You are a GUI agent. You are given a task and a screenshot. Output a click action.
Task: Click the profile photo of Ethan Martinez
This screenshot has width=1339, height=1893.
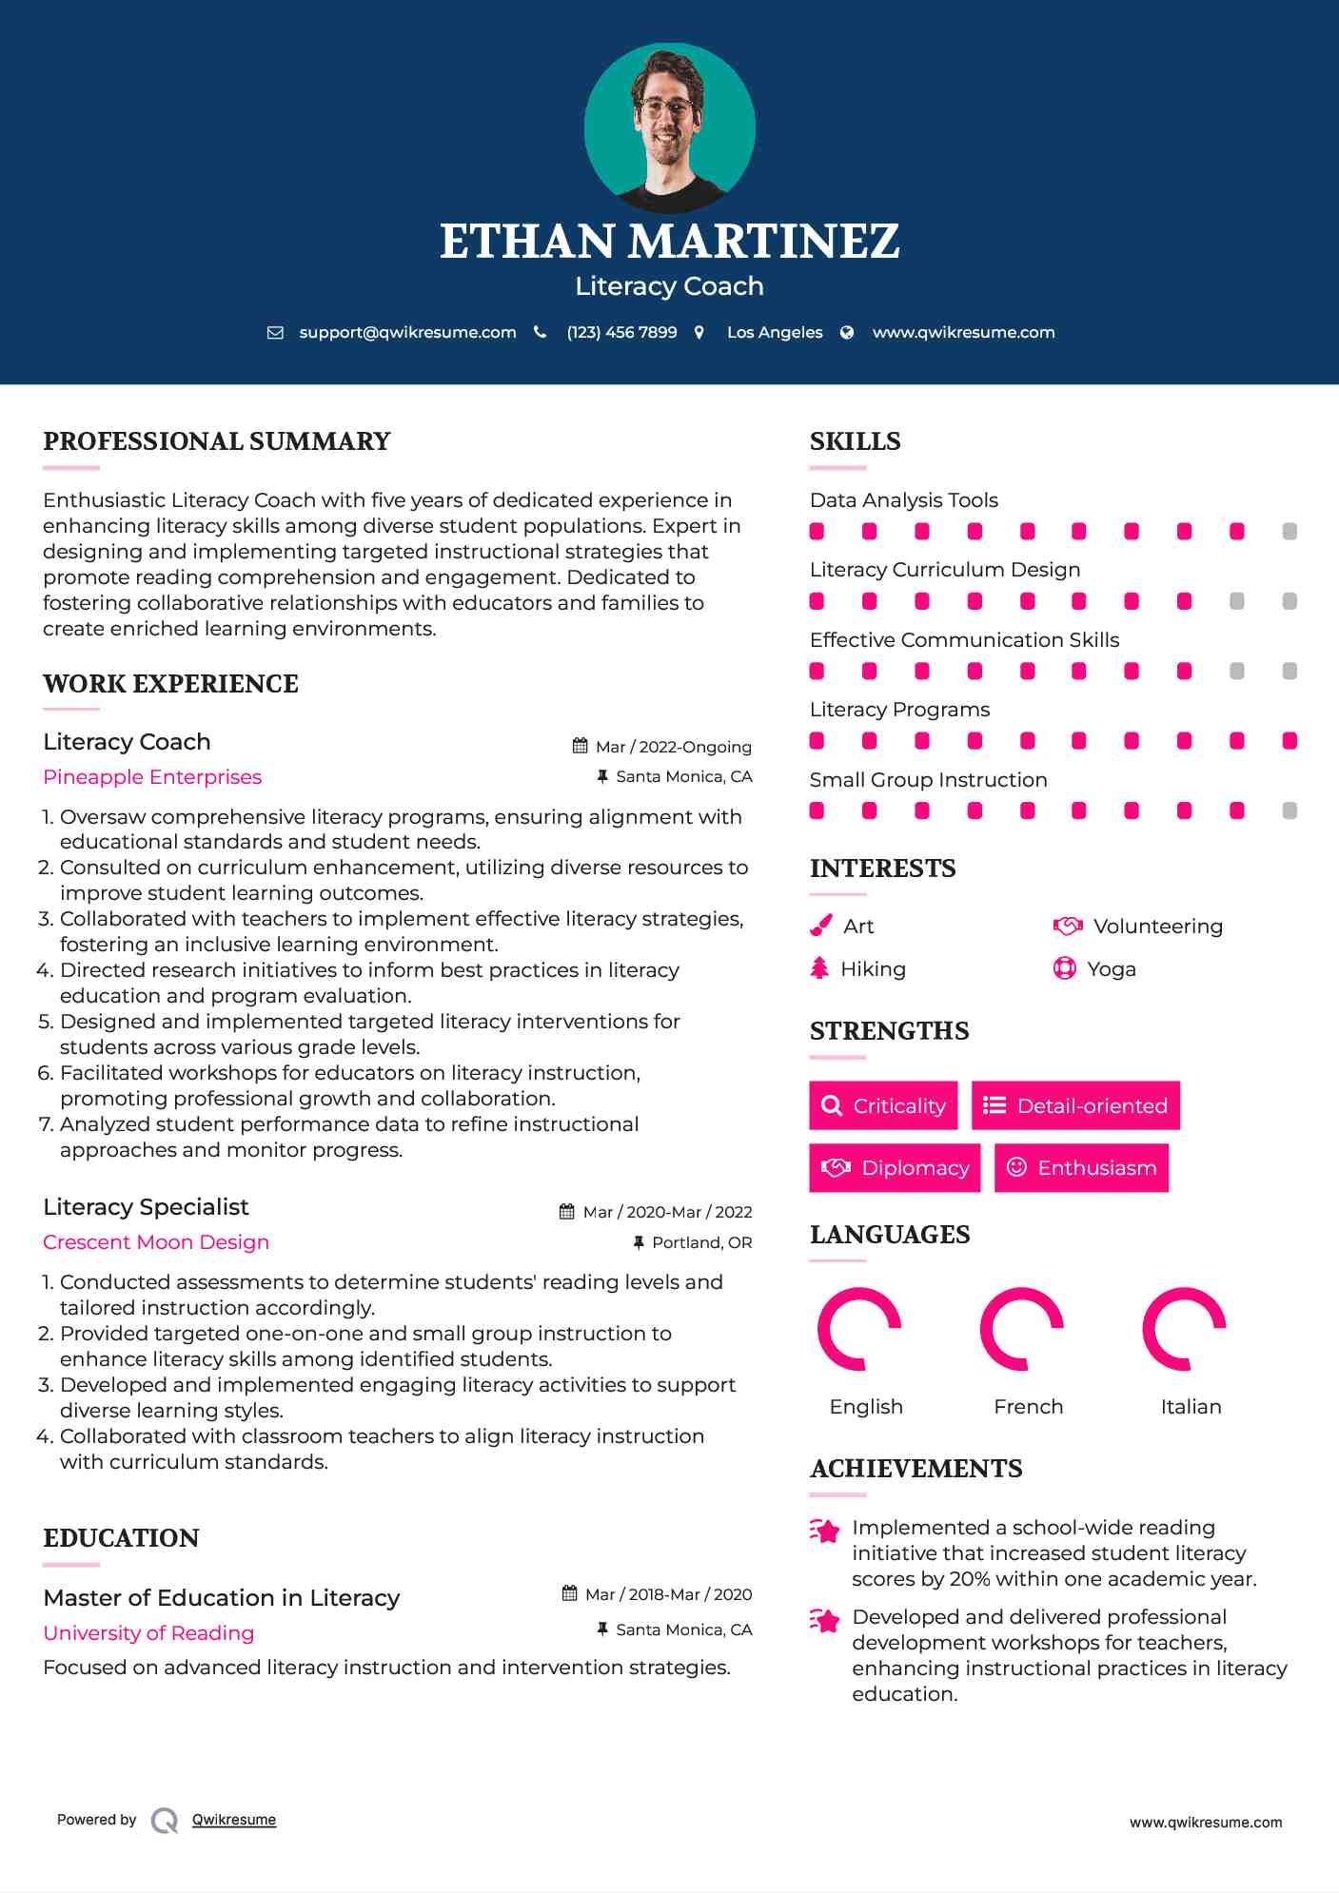[669, 127]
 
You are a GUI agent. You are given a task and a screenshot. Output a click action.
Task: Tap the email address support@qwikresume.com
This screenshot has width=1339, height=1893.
[407, 333]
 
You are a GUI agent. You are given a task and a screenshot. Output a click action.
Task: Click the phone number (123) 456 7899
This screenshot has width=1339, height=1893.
[621, 333]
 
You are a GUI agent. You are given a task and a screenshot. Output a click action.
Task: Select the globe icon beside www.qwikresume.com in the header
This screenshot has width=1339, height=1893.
[847, 333]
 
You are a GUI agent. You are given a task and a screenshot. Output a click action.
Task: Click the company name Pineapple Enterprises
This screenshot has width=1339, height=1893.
[152, 777]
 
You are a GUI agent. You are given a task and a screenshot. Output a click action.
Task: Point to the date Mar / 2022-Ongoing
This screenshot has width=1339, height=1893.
[673, 747]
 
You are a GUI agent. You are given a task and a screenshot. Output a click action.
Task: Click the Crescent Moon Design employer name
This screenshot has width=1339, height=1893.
[156, 1242]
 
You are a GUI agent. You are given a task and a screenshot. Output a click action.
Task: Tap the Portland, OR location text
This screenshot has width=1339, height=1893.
[701, 1242]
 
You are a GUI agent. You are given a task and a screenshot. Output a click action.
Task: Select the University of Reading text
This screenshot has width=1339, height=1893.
[148, 1633]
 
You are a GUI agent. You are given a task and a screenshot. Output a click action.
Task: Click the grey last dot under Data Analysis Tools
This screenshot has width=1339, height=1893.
[1290, 532]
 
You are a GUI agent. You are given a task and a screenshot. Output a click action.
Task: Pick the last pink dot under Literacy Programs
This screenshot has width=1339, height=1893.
[1290, 741]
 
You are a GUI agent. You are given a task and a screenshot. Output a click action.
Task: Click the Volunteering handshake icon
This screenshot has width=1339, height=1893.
[1068, 926]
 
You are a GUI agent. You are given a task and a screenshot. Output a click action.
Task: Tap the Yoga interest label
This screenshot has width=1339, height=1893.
[1112, 969]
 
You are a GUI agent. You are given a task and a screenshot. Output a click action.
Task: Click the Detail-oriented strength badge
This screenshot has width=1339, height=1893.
[1075, 1105]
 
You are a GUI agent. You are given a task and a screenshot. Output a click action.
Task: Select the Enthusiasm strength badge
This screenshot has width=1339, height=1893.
[1081, 1167]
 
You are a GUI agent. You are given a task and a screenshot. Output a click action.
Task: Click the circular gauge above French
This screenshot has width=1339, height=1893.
[1021, 1329]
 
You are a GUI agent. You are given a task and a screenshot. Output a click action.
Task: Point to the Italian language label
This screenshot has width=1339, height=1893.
[1191, 1407]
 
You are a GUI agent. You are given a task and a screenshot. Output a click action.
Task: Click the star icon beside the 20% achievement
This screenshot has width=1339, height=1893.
[824, 1531]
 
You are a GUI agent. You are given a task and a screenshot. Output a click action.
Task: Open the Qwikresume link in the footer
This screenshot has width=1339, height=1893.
[234, 1820]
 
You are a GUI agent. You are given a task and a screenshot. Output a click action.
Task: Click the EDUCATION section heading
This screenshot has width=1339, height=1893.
[121, 1538]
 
